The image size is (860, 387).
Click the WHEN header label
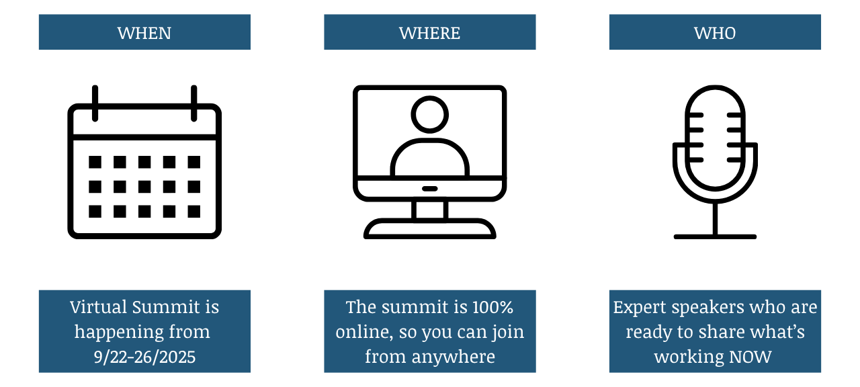pos(144,33)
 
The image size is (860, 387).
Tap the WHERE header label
pos(429,33)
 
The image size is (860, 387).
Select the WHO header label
pos(715,33)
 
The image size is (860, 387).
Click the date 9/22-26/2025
pos(144,356)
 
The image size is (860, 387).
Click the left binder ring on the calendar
pos(95,103)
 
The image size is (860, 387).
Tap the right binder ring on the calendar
pos(193,103)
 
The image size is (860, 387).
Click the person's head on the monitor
pos(429,115)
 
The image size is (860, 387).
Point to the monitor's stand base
pos(429,230)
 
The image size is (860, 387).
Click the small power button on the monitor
pos(429,189)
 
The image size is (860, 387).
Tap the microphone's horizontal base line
pos(715,236)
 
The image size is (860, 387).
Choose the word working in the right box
pos(687,356)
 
